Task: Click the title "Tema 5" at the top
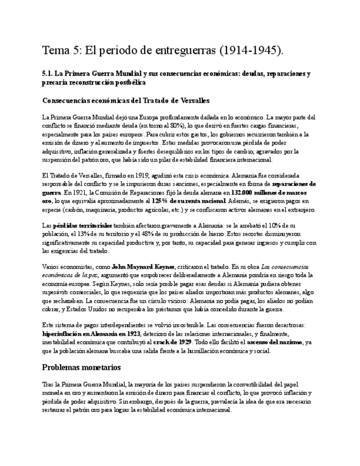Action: [62, 51]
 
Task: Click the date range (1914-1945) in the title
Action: [251, 51]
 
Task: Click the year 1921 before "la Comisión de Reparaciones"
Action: [73, 192]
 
